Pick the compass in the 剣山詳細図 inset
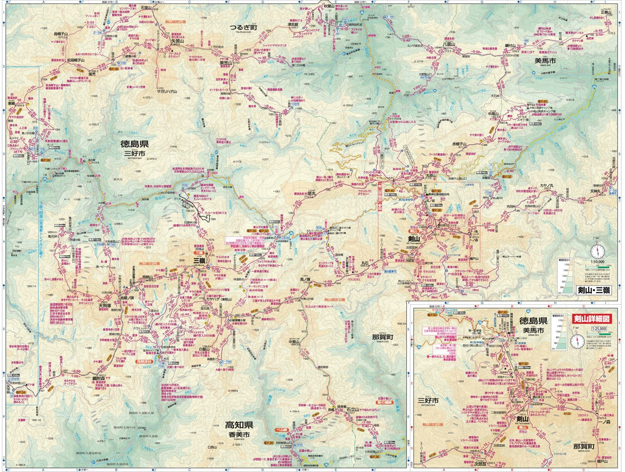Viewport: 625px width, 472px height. pos(577,340)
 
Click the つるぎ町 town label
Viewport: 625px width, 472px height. pos(243,27)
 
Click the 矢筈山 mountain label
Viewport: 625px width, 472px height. pos(177,41)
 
